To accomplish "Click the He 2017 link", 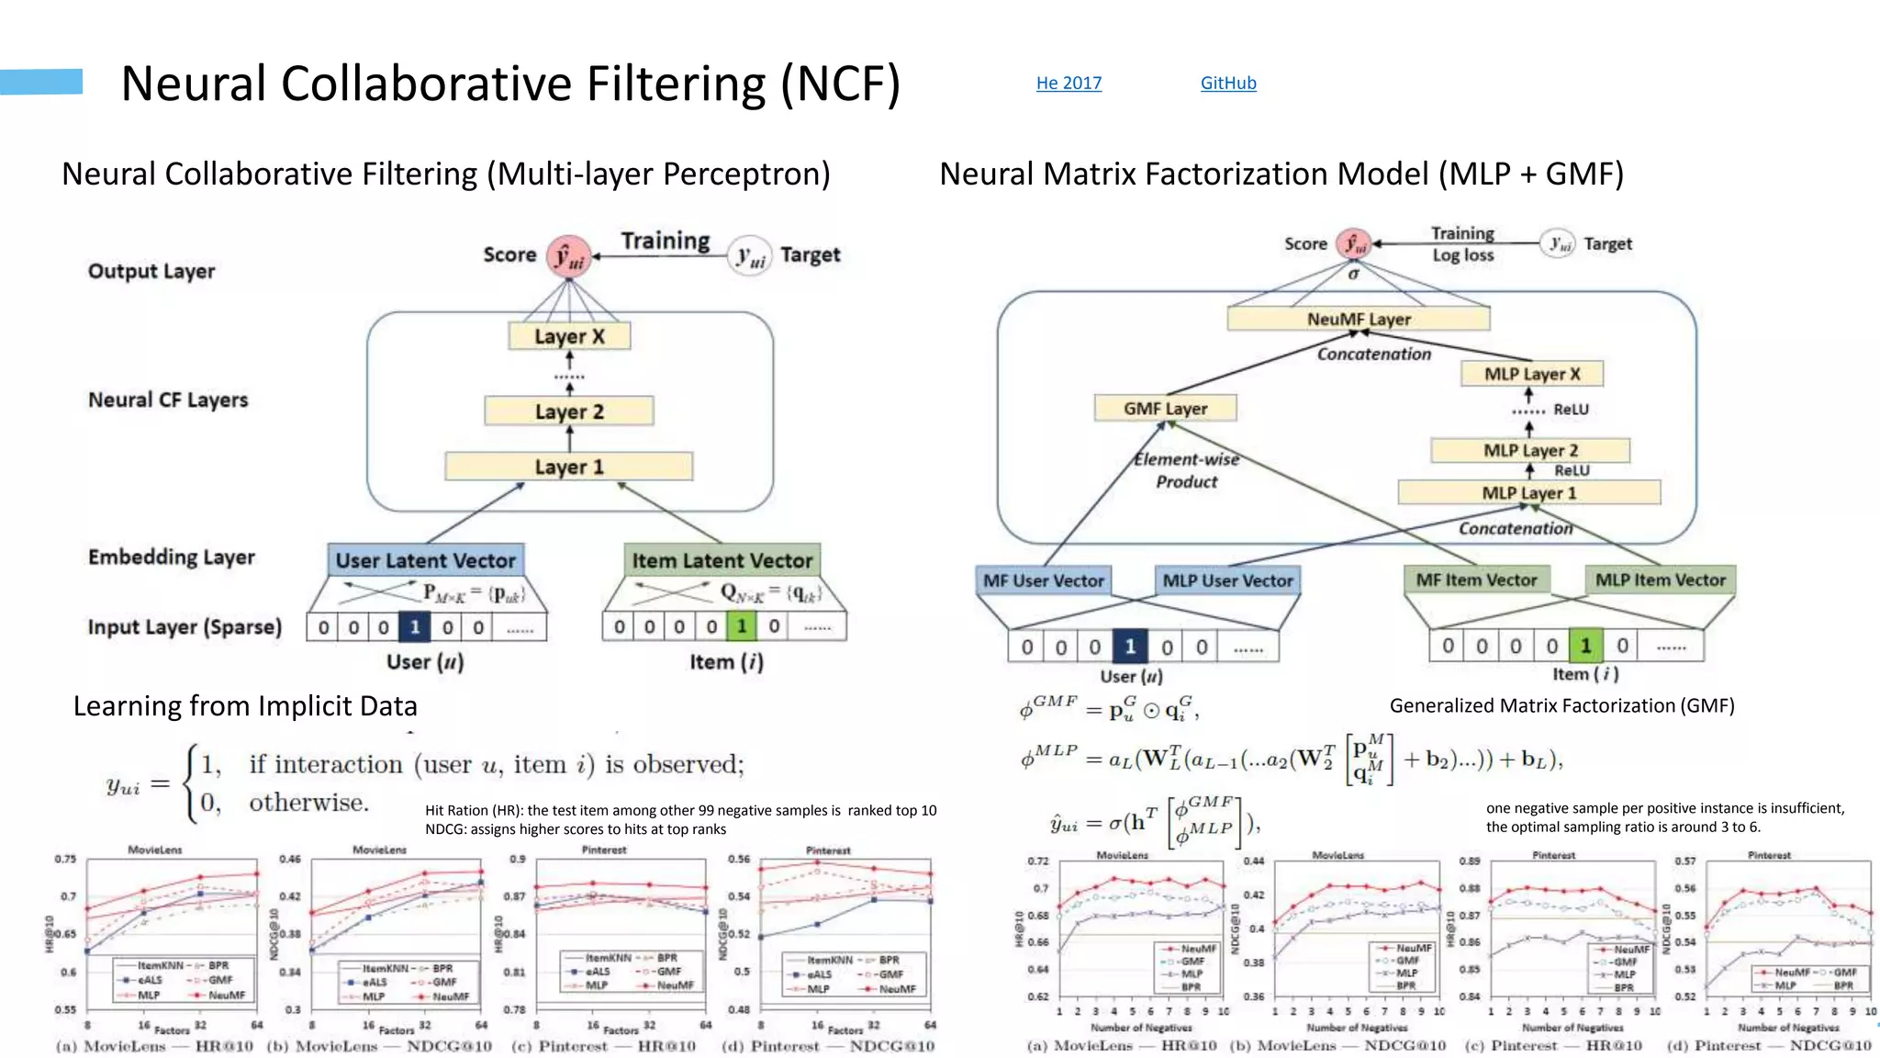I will point(1069,83).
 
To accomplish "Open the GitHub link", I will point(1228,83).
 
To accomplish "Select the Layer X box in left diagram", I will point(569,336).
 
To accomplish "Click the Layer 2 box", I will point(569,411).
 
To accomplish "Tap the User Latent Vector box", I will point(426,560).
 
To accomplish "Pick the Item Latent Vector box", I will point(722,560).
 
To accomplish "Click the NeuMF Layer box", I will point(1359,319).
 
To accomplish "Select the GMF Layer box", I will point(1165,408).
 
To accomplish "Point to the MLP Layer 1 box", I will point(1528,493).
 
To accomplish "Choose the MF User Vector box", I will point(1044,580).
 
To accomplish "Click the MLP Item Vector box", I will point(1660,580).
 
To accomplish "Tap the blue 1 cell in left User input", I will point(415,627).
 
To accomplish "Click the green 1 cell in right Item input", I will point(1585,646).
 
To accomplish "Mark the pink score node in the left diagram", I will point(569,256).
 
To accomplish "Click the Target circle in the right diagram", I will point(1558,243).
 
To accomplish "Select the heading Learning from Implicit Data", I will point(245,705).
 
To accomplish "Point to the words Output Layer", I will point(151,271).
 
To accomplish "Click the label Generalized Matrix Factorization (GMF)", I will point(1561,705).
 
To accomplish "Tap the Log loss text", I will point(1463,255).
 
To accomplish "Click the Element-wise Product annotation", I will point(1186,470).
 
